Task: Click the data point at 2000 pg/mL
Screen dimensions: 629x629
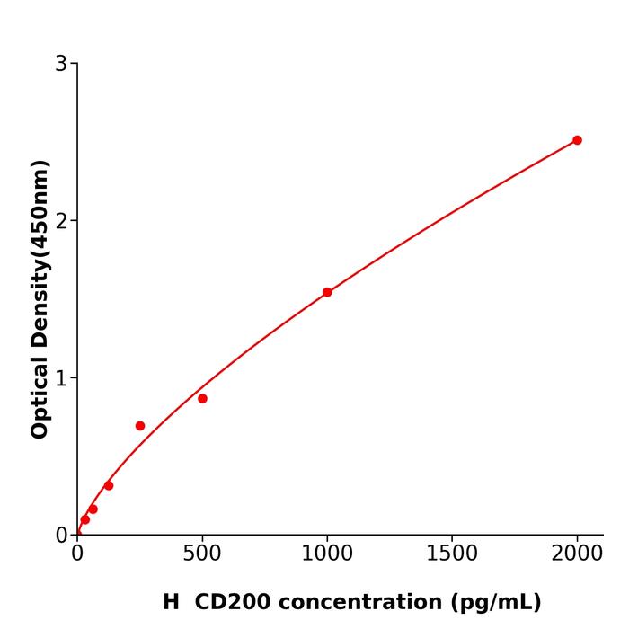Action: click(577, 140)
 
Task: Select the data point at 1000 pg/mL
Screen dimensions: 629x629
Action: click(327, 292)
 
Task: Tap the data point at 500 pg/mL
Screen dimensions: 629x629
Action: click(202, 398)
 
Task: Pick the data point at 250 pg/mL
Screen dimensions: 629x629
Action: click(140, 426)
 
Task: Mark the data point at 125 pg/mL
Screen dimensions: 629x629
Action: click(109, 485)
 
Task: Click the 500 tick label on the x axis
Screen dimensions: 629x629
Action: click(202, 552)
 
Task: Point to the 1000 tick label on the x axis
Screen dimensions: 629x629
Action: click(327, 552)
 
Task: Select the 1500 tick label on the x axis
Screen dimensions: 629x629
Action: click(452, 552)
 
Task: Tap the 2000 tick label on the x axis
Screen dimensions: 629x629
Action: click(577, 552)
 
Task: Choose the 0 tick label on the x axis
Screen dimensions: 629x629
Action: click(77, 552)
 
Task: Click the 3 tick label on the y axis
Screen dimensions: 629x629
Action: click(61, 64)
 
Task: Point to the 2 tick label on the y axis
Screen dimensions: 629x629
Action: click(61, 221)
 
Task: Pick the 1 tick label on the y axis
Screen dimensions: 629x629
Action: click(61, 378)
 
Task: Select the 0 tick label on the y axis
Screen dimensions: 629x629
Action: click(61, 536)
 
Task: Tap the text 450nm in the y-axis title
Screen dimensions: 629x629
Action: click(40, 205)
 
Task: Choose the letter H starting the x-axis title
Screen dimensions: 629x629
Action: click(171, 602)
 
